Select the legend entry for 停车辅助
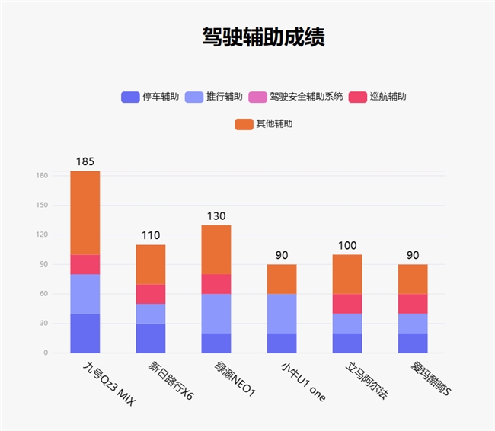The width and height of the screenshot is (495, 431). [151, 97]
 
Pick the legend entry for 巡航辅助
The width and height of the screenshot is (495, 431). [378, 97]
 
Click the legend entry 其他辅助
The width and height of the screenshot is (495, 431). [264, 123]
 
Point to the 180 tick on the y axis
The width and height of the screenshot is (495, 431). [42, 176]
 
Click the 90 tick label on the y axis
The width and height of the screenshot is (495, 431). [43, 264]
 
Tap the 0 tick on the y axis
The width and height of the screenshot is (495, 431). [46, 353]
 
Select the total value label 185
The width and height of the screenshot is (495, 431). [85, 161]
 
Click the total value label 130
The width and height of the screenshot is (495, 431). [216, 216]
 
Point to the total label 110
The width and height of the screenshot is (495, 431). [151, 236]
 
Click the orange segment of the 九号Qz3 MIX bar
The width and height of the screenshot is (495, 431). [85, 212]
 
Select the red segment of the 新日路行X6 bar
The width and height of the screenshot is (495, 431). [151, 294]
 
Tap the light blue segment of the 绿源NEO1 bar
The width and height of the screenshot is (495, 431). [216, 313]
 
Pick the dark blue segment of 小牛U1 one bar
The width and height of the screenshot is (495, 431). [282, 343]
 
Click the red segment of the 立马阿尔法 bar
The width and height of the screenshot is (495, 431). [347, 304]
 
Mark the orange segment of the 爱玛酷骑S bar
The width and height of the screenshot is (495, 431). [413, 279]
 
